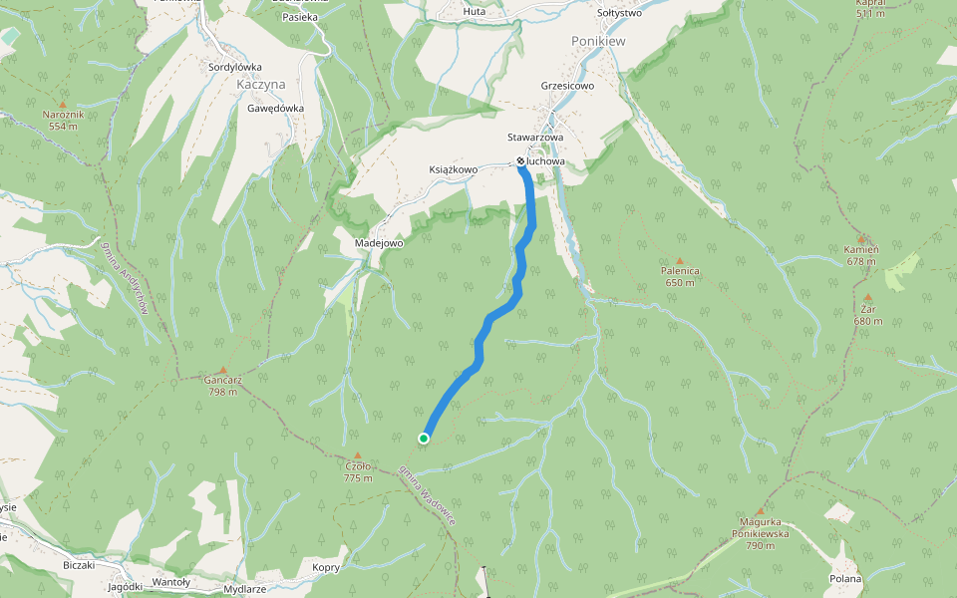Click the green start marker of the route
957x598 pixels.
(x=424, y=439)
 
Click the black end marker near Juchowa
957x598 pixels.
(x=520, y=160)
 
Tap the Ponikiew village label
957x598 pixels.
(x=598, y=41)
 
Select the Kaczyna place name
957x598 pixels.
(x=262, y=86)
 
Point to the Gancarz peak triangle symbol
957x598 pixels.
(x=222, y=369)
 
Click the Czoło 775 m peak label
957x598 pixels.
(x=358, y=471)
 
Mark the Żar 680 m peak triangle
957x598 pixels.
(x=868, y=297)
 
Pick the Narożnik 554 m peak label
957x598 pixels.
(x=63, y=120)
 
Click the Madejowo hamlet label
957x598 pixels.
(x=378, y=243)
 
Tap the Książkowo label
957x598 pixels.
(x=453, y=169)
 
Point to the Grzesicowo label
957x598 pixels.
(x=567, y=86)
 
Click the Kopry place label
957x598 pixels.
(x=326, y=567)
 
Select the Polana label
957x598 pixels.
(x=845, y=578)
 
